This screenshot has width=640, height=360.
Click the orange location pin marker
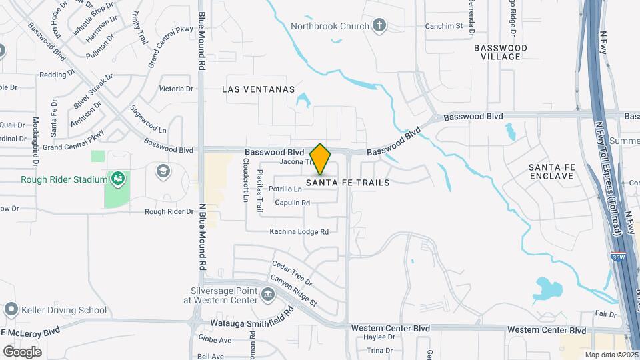tap(321, 159)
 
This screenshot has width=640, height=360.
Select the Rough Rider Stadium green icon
tap(118, 179)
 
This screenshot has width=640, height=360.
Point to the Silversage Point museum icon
tap(267, 294)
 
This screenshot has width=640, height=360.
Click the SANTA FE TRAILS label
tap(348, 182)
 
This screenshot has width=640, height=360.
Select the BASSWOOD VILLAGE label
tap(500, 52)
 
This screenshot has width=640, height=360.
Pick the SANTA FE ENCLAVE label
tap(551, 171)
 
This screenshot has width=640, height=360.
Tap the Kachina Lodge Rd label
tap(299, 232)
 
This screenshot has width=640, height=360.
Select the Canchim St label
tap(444, 27)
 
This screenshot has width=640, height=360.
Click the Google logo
tap(23, 351)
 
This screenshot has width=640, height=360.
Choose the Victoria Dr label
tap(176, 89)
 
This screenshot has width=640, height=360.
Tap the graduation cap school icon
tap(162, 171)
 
